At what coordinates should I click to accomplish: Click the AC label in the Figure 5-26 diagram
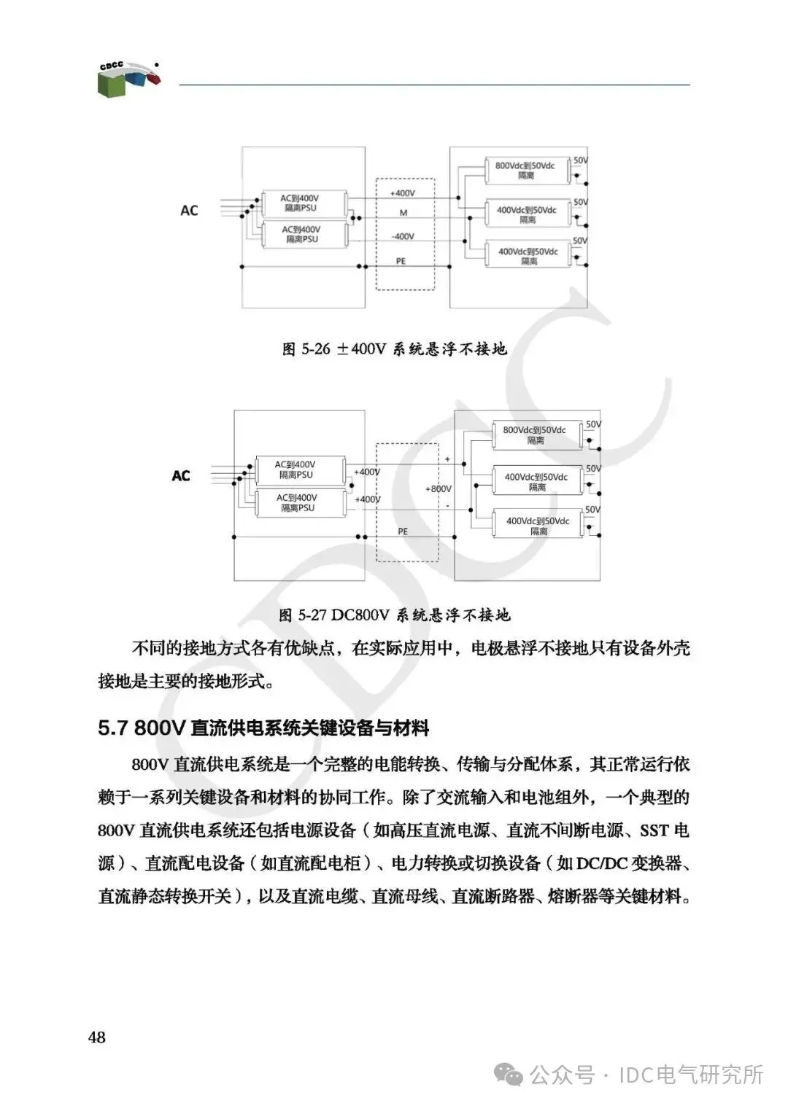coord(189,211)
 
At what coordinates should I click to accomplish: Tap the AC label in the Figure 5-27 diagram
coord(181,476)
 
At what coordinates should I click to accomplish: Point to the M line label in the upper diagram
coord(403,213)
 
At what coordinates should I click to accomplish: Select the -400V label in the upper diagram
coord(402,237)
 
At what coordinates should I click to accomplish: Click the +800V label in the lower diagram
coord(439,488)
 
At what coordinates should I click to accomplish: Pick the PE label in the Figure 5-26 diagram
coord(401,261)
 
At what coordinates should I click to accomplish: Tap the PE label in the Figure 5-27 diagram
coord(403,531)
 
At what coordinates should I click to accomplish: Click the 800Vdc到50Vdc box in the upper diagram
coord(526,171)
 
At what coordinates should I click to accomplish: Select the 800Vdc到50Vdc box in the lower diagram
coord(535,435)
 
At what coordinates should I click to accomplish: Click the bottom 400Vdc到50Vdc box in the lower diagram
coord(538,526)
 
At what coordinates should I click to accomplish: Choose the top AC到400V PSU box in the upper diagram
coord(300,203)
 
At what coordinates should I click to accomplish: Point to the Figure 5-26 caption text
coord(394,349)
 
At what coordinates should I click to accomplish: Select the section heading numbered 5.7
coord(263,728)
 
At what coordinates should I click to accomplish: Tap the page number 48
coord(97,1037)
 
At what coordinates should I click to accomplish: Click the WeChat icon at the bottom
coord(508,1074)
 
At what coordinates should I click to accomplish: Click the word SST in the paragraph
coord(654,830)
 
